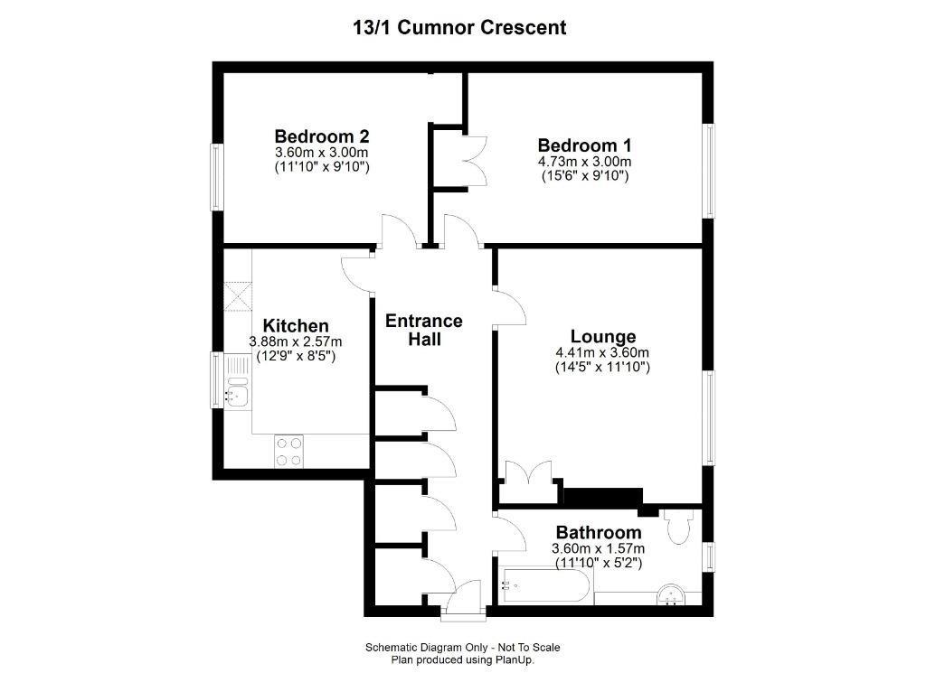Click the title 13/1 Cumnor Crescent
point(459,27)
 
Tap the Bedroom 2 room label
point(322,137)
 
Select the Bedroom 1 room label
point(584,145)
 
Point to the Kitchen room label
point(296,325)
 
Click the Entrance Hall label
point(424,330)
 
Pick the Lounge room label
point(602,337)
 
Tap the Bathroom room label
point(598,532)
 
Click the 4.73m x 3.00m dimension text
point(584,162)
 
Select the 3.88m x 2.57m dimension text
point(296,341)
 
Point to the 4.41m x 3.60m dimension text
point(602,353)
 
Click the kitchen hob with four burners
point(289,452)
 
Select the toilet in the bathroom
point(678,526)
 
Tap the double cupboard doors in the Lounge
point(528,476)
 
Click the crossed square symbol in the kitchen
point(238,295)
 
